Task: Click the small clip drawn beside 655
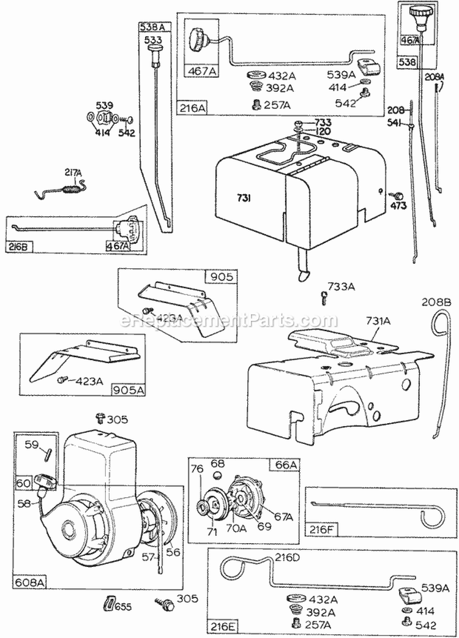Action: click(108, 604)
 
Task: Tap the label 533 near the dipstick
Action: click(153, 40)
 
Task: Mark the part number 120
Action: click(323, 131)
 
